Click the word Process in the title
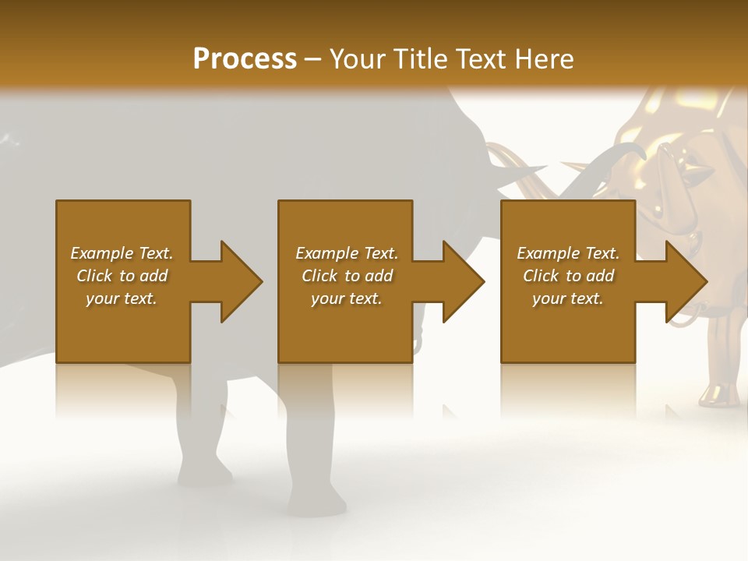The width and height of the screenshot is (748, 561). (245, 59)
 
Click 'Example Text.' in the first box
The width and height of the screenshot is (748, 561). (122, 253)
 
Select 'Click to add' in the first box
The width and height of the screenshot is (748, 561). (122, 276)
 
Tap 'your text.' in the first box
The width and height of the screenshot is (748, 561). (122, 298)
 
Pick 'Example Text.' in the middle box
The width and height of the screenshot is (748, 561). (347, 253)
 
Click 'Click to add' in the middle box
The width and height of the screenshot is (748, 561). (347, 276)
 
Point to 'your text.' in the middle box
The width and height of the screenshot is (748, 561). (347, 298)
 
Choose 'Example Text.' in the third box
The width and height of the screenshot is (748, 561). (568, 253)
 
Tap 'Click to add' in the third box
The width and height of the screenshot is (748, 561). (568, 276)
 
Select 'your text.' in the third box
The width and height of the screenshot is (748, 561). (568, 298)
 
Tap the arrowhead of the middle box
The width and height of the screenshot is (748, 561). (463, 281)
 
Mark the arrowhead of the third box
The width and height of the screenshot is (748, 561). (685, 281)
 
